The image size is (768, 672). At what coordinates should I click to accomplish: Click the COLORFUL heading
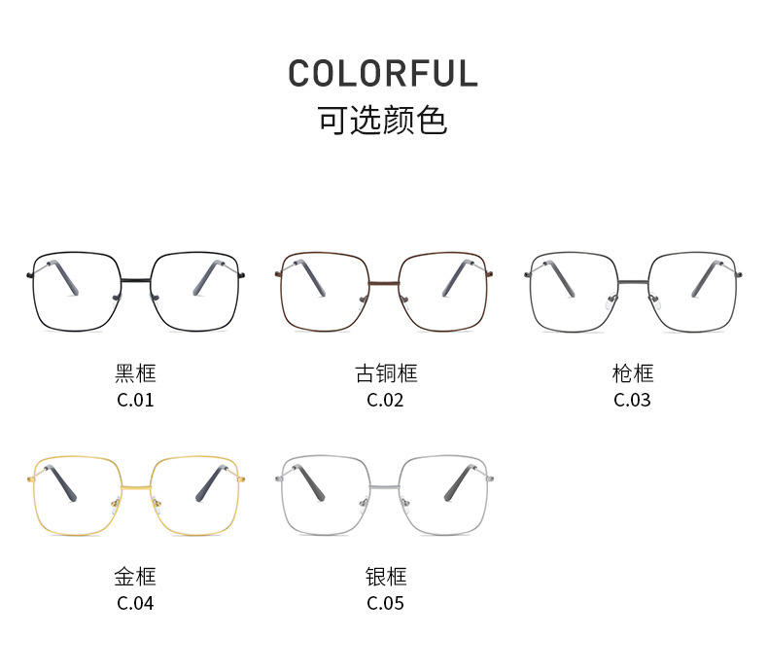click(x=383, y=75)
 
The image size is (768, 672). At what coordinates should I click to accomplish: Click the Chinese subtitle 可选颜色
click(x=383, y=121)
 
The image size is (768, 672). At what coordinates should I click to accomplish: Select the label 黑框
click(x=135, y=373)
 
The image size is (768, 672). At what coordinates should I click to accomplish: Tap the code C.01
click(x=135, y=400)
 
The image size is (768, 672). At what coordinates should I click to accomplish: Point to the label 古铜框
click(x=385, y=373)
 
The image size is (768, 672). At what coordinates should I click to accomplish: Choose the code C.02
click(x=385, y=400)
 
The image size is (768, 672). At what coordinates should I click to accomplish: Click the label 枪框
click(x=633, y=373)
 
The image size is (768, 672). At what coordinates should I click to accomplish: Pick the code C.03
click(x=633, y=400)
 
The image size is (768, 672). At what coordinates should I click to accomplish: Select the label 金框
click(x=135, y=577)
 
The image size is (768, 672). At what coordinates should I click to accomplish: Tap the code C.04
click(x=135, y=603)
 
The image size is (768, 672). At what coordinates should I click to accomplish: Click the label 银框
click(x=385, y=577)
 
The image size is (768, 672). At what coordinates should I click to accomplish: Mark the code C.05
click(x=385, y=603)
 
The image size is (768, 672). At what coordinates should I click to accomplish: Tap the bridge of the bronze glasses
click(x=385, y=283)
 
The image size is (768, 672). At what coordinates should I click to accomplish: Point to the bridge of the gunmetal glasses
click(x=634, y=282)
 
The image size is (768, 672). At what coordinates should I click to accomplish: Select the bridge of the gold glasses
click(x=135, y=484)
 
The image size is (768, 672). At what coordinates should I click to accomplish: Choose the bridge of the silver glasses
click(x=385, y=484)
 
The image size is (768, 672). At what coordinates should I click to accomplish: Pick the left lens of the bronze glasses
click(x=326, y=291)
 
